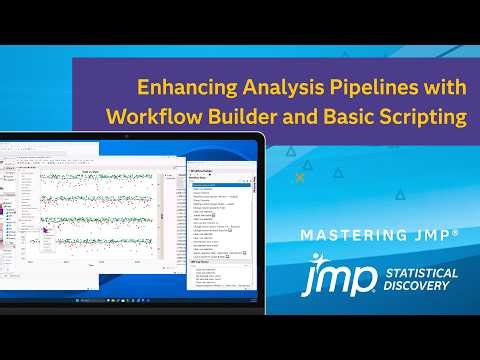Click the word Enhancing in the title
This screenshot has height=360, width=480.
[x=174, y=87]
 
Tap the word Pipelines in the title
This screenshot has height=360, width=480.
[x=348, y=87]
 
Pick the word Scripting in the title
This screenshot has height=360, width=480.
[x=424, y=116]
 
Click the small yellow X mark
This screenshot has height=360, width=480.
[x=300, y=177]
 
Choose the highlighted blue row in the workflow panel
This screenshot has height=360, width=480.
[x=219, y=185]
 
